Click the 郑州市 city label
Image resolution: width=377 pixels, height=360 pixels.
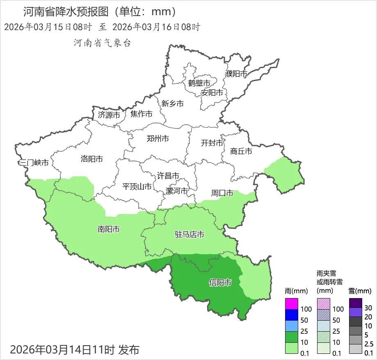pyautogui.click(x=158, y=139)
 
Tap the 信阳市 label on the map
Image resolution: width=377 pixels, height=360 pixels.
pyautogui.click(x=220, y=283)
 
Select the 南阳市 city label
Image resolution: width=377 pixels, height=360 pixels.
pyautogui.click(x=109, y=229)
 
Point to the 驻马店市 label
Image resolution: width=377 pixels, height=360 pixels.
pyautogui.click(x=190, y=235)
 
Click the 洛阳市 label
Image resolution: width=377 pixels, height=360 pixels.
pyautogui.click(x=92, y=159)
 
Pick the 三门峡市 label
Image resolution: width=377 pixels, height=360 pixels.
pyautogui.click(x=34, y=163)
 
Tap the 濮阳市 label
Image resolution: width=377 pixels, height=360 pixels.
pyautogui.click(x=236, y=74)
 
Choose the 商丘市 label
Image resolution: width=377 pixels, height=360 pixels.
pyautogui.click(x=241, y=151)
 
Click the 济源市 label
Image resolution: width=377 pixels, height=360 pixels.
pyautogui.click(x=109, y=115)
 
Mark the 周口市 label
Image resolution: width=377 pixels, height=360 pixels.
pyautogui.click(x=222, y=193)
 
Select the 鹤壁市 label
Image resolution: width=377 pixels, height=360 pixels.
pyautogui.click(x=199, y=83)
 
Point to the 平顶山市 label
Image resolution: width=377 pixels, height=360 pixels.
pyautogui.click(x=137, y=187)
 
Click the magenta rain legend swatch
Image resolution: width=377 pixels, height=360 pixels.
pyautogui.click(x=291, y=304)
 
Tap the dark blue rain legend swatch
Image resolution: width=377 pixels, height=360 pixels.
pyautogui.click(x=291, y=315)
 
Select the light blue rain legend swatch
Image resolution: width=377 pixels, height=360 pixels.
pyautogui.click(x=291, y=326)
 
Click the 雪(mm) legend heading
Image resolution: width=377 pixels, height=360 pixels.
pyautogui.click(x=360, y=291)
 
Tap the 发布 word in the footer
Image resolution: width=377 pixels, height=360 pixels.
pyautogui.click(x=129, y=350)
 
